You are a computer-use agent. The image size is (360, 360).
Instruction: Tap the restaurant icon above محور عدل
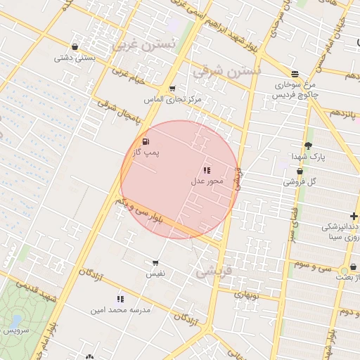pos(207,170)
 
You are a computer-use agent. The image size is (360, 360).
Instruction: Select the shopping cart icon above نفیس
pos(155,262)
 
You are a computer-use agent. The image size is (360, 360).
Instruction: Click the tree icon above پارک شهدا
pos(308,146)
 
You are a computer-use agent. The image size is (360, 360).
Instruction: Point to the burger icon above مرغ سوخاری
pos(295,73)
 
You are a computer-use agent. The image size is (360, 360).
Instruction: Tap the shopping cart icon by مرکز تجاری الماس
pos(172,89)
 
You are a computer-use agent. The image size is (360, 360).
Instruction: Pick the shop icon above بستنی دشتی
pos(75,48)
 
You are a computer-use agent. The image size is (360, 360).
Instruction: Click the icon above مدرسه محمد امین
pos(120,299)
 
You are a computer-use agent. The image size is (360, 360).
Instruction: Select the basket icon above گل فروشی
pos(300,171)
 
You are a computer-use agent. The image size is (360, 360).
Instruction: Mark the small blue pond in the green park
pos(14,322)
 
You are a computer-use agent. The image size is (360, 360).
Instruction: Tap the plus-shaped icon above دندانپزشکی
pos(354,216)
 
